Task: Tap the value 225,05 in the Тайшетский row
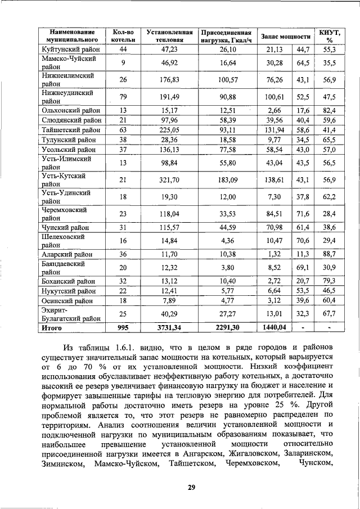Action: [x=169, y=130]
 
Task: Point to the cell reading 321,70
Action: [x=169, y=179]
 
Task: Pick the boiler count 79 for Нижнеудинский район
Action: [x=123, y=96]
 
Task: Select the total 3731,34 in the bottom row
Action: [x=169, y=327]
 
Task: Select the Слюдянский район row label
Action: [x=70, y=120]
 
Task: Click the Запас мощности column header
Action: [x=286, y=36]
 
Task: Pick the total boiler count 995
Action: [x=123, y=327]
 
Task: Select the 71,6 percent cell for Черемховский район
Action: [x=303, y=213]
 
